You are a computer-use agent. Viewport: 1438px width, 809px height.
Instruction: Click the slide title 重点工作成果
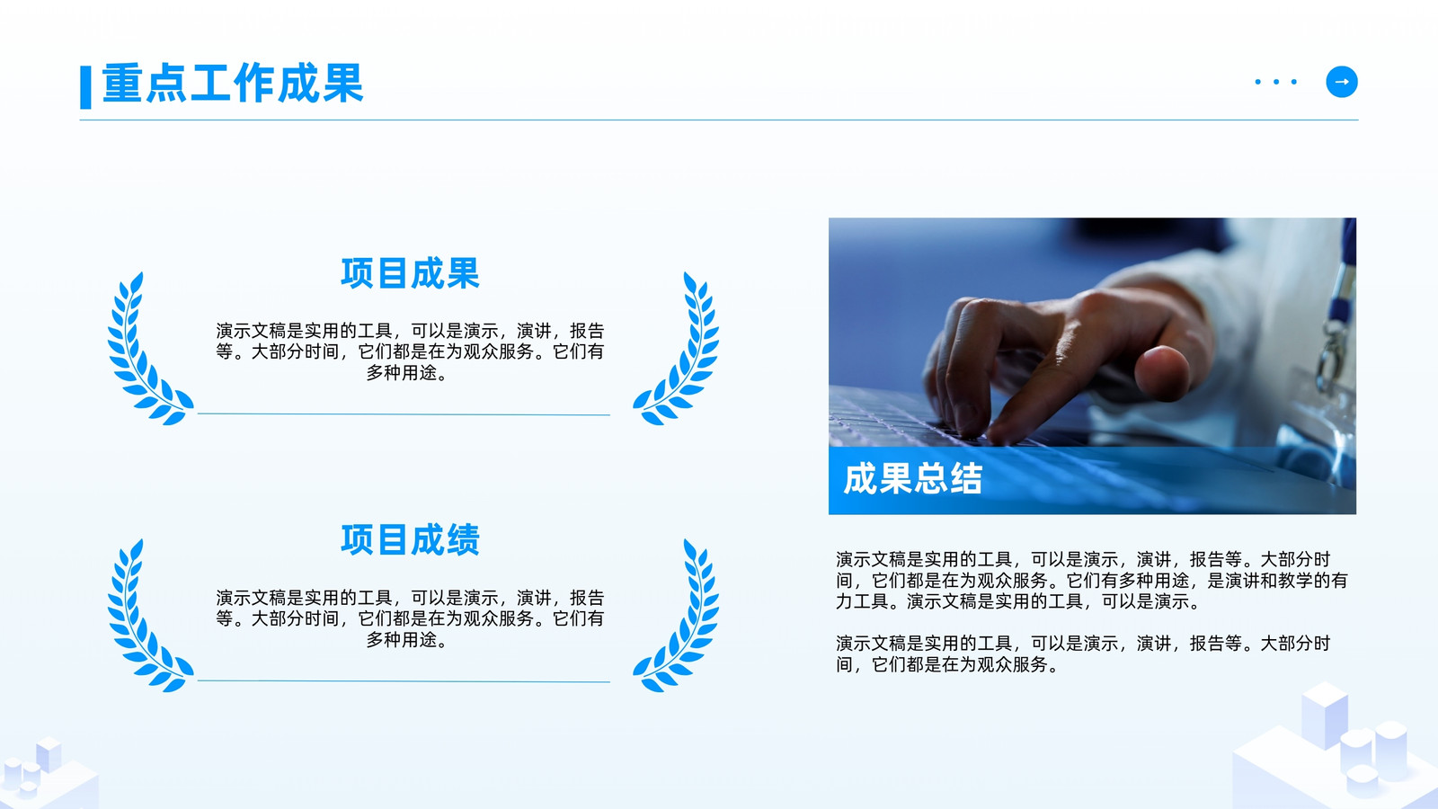[233, 83]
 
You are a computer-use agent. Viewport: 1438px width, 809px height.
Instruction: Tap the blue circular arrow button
[1342, 82]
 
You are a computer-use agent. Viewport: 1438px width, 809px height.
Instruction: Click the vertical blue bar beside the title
[85, 87]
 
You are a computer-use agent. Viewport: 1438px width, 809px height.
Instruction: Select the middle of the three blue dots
[1276, 82]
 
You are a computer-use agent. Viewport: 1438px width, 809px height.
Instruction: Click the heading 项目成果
[410, 273]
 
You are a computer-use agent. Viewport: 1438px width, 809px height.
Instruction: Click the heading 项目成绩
[410, 539]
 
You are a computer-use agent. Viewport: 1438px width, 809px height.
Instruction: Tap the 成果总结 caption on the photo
[912, 478]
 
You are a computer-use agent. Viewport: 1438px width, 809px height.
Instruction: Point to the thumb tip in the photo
[1162, 372]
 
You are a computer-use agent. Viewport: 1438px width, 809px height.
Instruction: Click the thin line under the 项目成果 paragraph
[404, 414]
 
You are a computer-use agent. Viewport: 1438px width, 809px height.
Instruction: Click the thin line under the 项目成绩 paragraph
[404, 680]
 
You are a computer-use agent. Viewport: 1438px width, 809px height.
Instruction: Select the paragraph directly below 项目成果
[410, 351]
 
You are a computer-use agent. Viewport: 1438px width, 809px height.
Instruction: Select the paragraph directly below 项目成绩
[410, 618]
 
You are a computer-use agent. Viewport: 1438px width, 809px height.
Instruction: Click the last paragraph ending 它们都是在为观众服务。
[1083, 653]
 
